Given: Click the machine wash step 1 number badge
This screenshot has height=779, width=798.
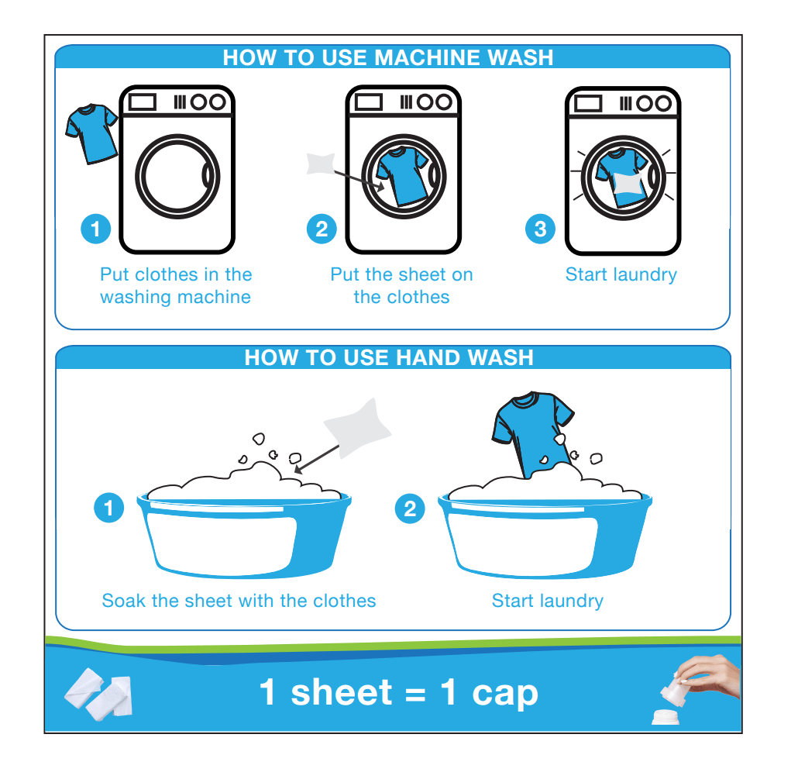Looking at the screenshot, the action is click(95, 229).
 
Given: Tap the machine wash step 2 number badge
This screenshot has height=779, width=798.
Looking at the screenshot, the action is click(322, 229).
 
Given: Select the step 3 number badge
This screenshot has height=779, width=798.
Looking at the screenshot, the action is click(541, 229).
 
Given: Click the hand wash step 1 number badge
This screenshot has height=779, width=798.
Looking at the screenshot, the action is click(109, 508).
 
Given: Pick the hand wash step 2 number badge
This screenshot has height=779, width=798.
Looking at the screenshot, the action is click(410, 508).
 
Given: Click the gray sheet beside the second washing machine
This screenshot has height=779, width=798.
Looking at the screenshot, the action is click(321, 164).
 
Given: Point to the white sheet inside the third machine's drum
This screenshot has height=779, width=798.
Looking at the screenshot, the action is click(631, 184).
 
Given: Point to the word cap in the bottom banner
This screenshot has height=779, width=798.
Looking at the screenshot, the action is click(505, 694).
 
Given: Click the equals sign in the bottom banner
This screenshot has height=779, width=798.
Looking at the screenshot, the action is click(416, 695).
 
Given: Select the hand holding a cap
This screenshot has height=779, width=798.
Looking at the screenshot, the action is click(707, 676).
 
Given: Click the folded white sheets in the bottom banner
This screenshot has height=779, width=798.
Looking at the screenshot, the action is click(98, 694).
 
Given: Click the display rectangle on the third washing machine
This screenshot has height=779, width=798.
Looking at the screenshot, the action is click(588, 104).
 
